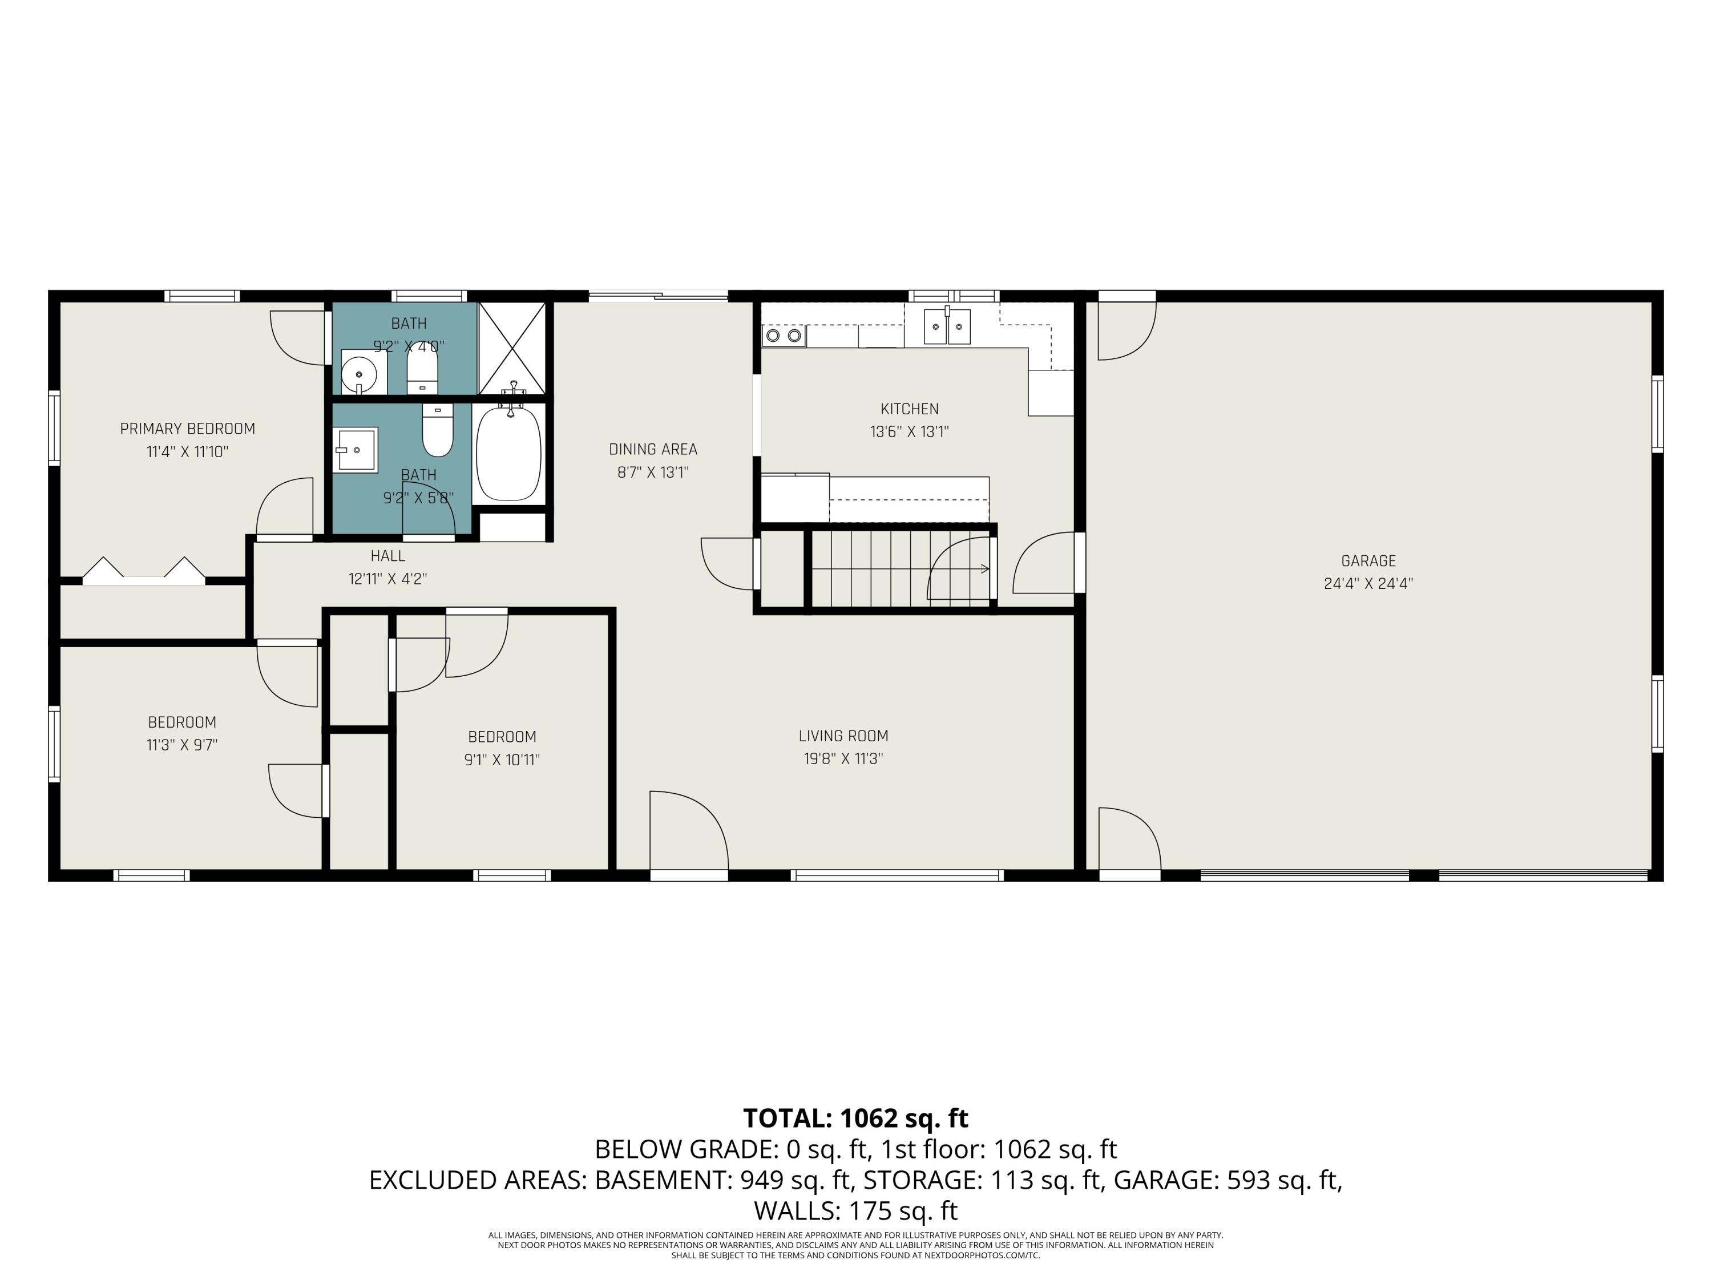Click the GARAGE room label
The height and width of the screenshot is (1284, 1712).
click(x=1368, y=561)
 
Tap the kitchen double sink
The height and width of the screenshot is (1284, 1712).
click(x=947, y=328)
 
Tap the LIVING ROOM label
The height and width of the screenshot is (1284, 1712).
click(x=843, y=736)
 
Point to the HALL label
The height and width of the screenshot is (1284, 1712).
click(x=387, y=556)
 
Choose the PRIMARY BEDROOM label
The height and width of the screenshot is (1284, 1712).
click(x=187, y=429)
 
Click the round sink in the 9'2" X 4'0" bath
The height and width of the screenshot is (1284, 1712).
click(x=359, y=374)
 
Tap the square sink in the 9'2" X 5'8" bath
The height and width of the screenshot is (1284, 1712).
click(x=357, y=450)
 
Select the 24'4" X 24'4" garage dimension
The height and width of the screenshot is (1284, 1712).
click(x=1368, y=584)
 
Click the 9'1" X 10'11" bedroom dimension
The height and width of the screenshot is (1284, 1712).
click(x=502, y=760)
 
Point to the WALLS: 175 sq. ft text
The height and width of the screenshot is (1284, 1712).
click(x=855, y=1210)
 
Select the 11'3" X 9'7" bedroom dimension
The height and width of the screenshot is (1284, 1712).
click(x=182, y=745)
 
